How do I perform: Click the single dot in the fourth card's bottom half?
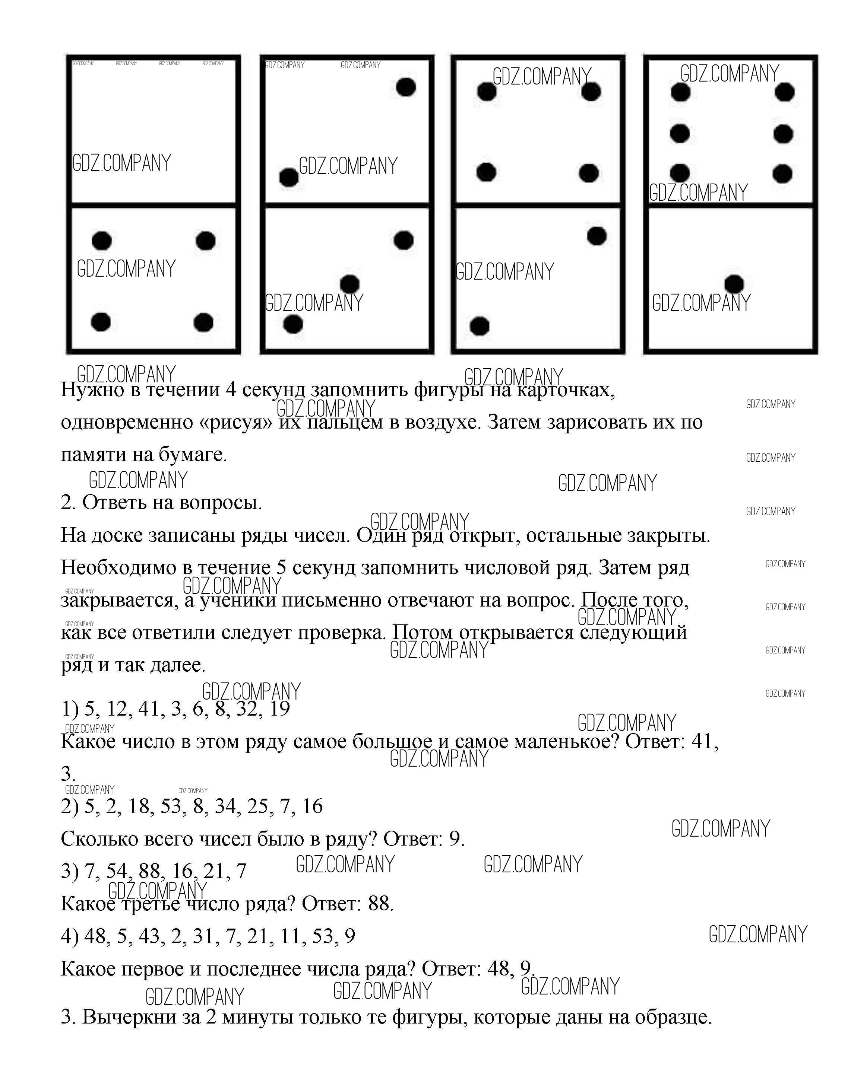[734, 284]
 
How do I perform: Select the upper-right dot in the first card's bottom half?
[205, 241]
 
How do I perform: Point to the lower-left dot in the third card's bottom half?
[479, 326]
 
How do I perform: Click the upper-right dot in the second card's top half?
[406, 87]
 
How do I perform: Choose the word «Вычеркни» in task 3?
[129, 1017]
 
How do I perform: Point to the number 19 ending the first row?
[279, 709]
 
